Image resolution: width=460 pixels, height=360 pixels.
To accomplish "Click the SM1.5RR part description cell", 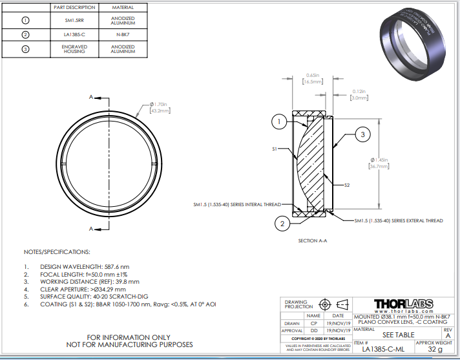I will click(x=75, y=19).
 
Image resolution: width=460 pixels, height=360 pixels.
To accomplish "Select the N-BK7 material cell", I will click(x=123, y=34).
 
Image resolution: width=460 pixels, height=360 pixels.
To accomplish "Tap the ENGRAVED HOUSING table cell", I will click(x=75, y=49).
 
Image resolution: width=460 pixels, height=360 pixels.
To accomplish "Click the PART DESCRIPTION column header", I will click(x=75, y=7).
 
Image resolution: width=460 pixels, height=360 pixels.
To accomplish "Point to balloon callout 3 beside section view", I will click(x=363, y=134).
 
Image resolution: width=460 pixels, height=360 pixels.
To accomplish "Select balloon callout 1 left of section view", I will click(x=278, y=121).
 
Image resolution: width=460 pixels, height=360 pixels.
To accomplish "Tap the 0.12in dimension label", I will click(x=359, y=94).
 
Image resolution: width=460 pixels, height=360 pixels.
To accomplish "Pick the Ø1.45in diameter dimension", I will click(x=378, y=163).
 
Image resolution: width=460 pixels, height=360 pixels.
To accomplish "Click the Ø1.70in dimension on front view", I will click(x=159, y=107).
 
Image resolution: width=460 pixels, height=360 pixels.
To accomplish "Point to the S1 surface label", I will click(x=275, y=149).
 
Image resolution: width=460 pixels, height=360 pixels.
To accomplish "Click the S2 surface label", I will click(x=347, y=185).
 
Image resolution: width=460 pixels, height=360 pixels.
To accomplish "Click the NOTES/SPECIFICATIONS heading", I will click(x=57, y=251).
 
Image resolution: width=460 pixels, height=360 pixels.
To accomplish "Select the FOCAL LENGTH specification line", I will click(x=85, y=273).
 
